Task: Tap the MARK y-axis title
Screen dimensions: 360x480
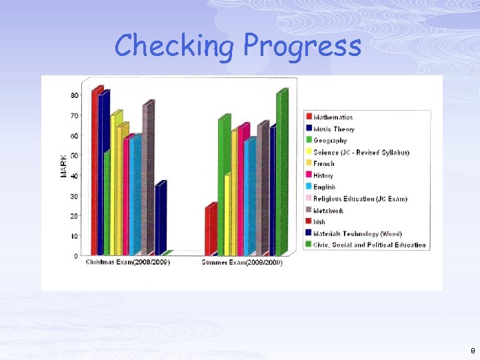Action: point(64,165)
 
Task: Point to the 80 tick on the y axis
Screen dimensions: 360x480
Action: point(74,95)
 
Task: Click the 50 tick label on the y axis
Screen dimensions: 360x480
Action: point(74,155)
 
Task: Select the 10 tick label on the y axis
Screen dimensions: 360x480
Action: point(74,235)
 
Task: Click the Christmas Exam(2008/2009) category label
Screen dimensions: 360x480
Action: point(128,262)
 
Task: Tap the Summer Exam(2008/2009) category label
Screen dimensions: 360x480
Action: point(243,263)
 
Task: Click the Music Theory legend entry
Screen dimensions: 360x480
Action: point(334,129)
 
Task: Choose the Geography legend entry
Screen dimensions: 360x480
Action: point(330,141)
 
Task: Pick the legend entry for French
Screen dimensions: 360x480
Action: point(324,163)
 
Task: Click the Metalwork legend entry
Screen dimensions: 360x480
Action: point(329,210)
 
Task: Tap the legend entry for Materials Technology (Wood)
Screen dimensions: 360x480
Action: point(357,233)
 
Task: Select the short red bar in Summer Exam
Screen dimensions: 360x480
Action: point(210,230)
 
